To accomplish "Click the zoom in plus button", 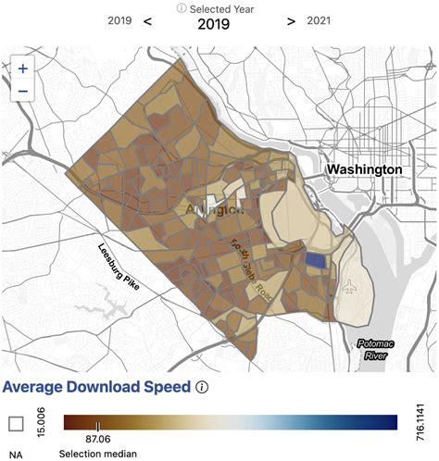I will tap(23, 69).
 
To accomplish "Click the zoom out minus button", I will tap(23, 90).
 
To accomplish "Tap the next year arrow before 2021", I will tap(292, 21).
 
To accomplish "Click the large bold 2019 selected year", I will tap(219, 24).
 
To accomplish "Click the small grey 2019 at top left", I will tap(119, 21).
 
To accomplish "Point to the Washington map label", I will tap(362, 169).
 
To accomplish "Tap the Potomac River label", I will tap(373, 349).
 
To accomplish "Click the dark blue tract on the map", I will tap(316, 261).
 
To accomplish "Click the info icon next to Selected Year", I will tap(183, 8).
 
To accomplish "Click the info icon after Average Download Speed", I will tap(202, 387).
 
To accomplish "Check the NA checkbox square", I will tap(16, 423).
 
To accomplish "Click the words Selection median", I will tap(97, 455).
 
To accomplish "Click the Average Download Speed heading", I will tap(96, 387).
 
